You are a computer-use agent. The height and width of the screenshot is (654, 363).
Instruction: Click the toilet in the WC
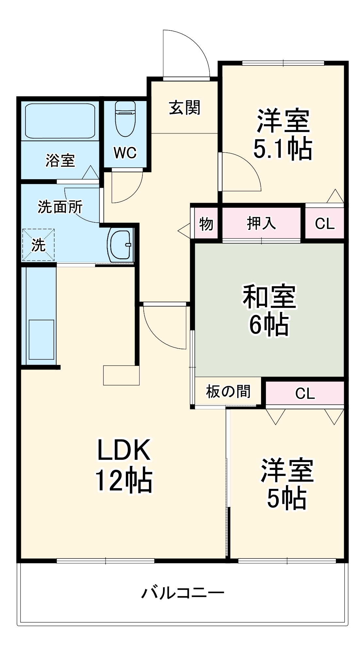[x=125, y=118]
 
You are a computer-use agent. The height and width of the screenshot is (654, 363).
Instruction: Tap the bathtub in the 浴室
[x=60, y=120]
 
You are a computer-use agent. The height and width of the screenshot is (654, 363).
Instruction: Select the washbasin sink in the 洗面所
[x=120, y=245]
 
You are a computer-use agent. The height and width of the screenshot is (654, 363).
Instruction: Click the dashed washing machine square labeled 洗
[x=38, y=245]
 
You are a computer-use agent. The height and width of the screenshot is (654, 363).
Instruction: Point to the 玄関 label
[x=185, y=108]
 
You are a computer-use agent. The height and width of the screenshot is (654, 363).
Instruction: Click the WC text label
[x=125, y=152]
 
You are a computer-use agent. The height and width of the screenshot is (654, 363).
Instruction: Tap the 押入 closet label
[x=261, y=223]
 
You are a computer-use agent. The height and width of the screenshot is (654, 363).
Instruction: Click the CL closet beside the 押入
[x=325, y=224]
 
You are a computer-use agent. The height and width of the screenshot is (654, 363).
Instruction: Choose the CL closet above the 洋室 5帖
[x=305, y=393]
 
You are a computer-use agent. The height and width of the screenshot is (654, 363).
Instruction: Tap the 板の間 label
[x=228, y=391]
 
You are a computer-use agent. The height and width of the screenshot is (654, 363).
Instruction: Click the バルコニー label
[x=183, y=593]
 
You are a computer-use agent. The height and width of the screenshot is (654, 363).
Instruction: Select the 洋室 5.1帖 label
[x=283, y=135]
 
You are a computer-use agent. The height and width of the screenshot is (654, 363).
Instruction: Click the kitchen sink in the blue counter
[x=41, y=339]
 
